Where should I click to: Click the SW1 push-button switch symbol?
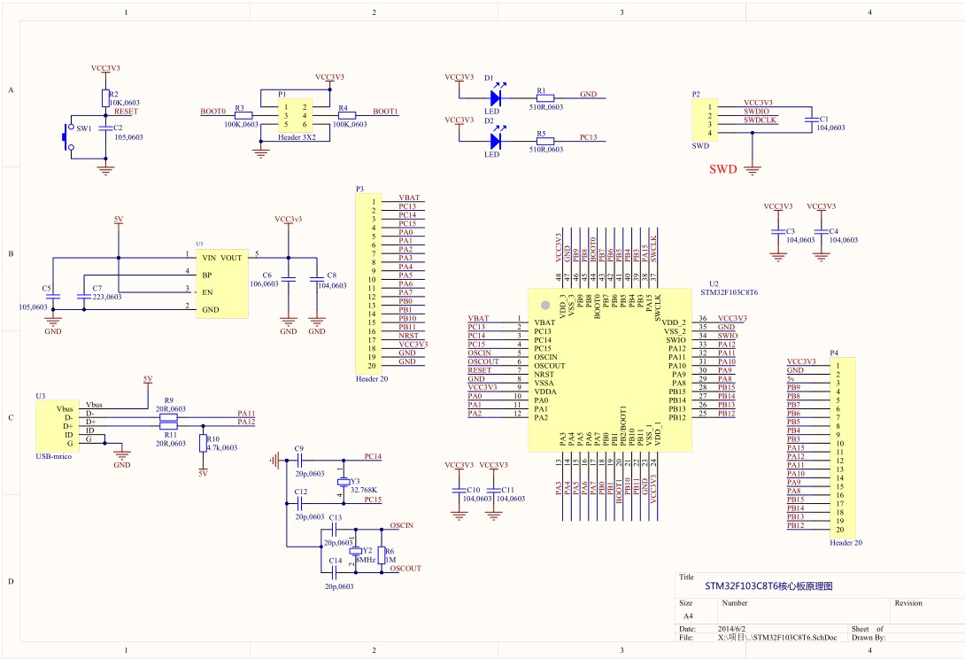point(66,137)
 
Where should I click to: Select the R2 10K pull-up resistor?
point(105,97)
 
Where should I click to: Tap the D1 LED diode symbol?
point(495,97)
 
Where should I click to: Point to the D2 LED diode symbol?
point(495,139)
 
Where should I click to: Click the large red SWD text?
point(723,169)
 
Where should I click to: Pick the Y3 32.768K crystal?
point(344,482)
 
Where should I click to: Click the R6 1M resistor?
point(381,550)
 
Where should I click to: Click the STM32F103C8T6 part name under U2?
point(730,291)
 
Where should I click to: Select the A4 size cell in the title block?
point(688,615)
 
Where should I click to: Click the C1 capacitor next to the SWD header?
point(810,119)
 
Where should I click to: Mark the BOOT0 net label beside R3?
point(212,112)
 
